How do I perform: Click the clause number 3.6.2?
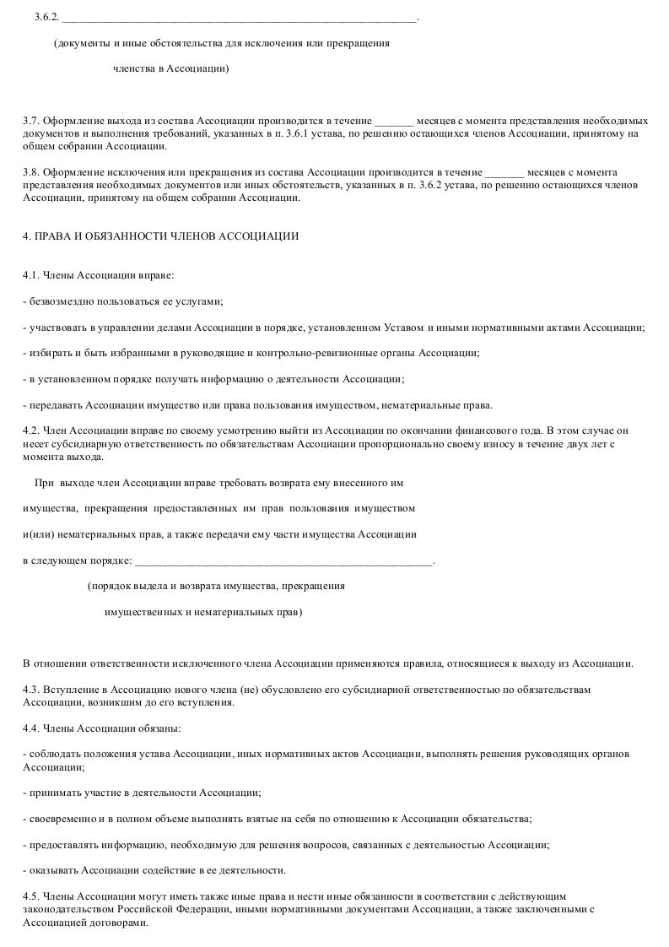[x=46, y=17]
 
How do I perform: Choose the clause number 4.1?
[x=30, y=275]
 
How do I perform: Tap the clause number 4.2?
[x=30, y=430]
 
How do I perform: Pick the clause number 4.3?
[x=30, y=689]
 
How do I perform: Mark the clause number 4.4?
[x=30, y=728]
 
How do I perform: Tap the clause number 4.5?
[x=30, y=896]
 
